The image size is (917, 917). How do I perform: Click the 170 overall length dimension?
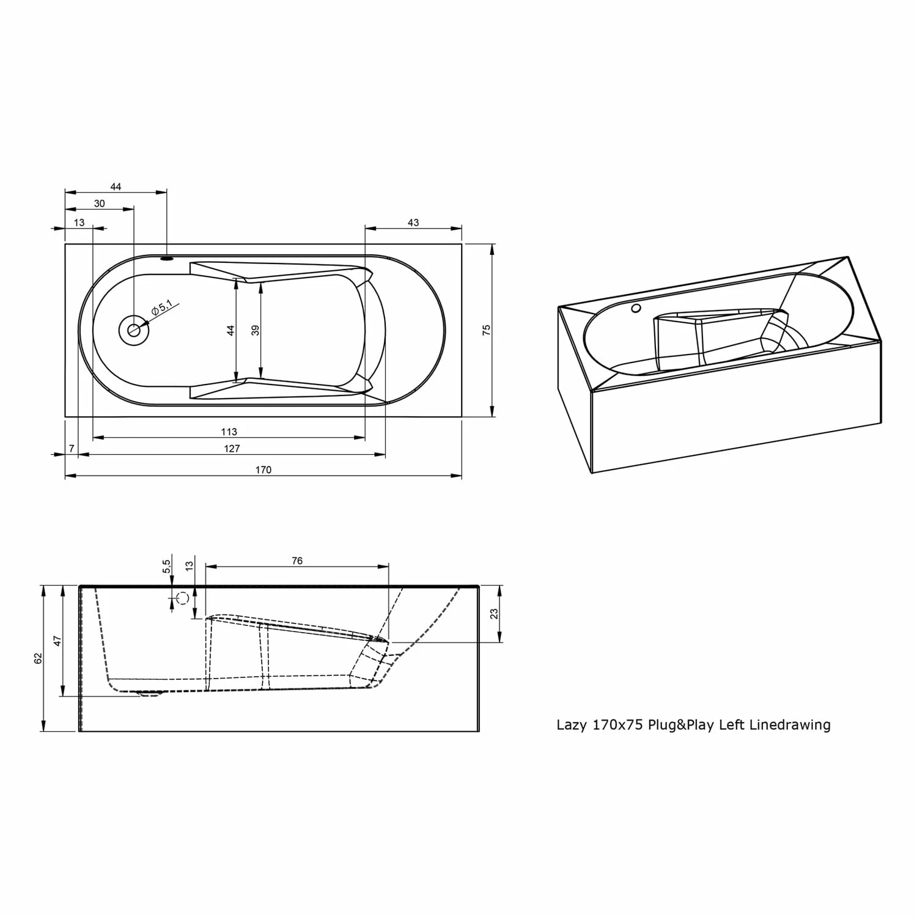pyautogui.click(x=263, y=470)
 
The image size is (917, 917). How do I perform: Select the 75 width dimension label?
pyautogui.click(x=487, y=330)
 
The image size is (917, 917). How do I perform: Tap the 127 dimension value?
pyautogui.click(x=232, y=448)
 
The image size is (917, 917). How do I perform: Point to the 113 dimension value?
pyautogui.click(x=229, y=432)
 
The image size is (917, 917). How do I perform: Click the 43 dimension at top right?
pyautogui.click(x=413, y=223)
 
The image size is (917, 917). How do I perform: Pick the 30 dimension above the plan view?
pyautogui.click(x=99, y=204)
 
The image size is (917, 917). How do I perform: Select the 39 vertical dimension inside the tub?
pyautogui.click(x=256, y=330)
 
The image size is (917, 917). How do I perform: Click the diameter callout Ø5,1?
pyautogui.click(x=162, y=308)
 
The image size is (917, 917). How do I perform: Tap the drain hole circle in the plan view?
pyautogui.click(x=133, y=330)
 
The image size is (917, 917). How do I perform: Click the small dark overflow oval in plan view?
pyautogui.click(x=167, y=258)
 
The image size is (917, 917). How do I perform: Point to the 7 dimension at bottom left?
pyautogui.click(x=72, y=448)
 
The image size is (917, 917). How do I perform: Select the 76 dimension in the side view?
pyautogui.click(x=297, y=561)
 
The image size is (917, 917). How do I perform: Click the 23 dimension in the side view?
pyautogui.click(x=495, y=613)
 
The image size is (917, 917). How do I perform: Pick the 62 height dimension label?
pyautogui.click(x=39, y=658)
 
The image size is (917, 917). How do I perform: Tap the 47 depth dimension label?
pyautogui.click(x=57, y=641)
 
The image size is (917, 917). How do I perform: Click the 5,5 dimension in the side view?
pyautogui.click(x=166, y=567)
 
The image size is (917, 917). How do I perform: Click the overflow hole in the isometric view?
pyautogui.click(x=636, y=309)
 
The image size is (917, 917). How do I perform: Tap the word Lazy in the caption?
pyautogui.click(x=571, y=726)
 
